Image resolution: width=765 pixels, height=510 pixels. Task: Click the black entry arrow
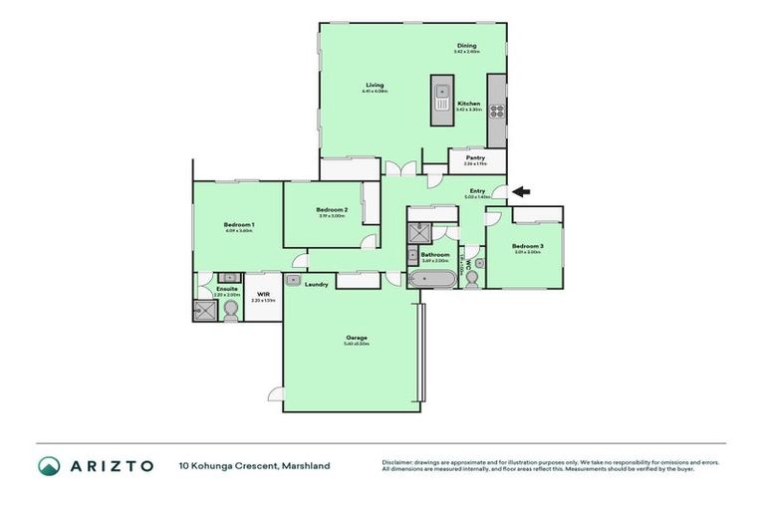tap(521, 192)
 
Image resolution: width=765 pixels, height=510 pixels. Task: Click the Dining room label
tap(466, 46)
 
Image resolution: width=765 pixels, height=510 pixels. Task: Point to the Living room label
tap(375, 85)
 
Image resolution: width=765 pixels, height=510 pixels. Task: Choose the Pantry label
tap(475, 157)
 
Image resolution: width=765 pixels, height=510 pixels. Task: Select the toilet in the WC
tap(472, 278)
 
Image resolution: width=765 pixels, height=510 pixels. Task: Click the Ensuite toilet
tap(230, 312)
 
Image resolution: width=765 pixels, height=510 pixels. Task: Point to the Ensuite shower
tap(204, 311)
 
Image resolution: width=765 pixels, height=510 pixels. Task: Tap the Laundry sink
tap(295, 280)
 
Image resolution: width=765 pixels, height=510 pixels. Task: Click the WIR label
tap(263, 295)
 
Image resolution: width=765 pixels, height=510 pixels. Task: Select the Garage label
tap(356, 338)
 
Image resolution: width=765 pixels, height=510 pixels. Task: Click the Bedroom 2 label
tap(331, 210)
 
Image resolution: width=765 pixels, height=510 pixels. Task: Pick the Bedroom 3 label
tap(527, 246)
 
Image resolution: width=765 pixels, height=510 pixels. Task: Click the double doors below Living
tap(396, 169)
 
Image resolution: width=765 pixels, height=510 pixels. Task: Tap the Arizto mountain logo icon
tap(50, 465)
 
